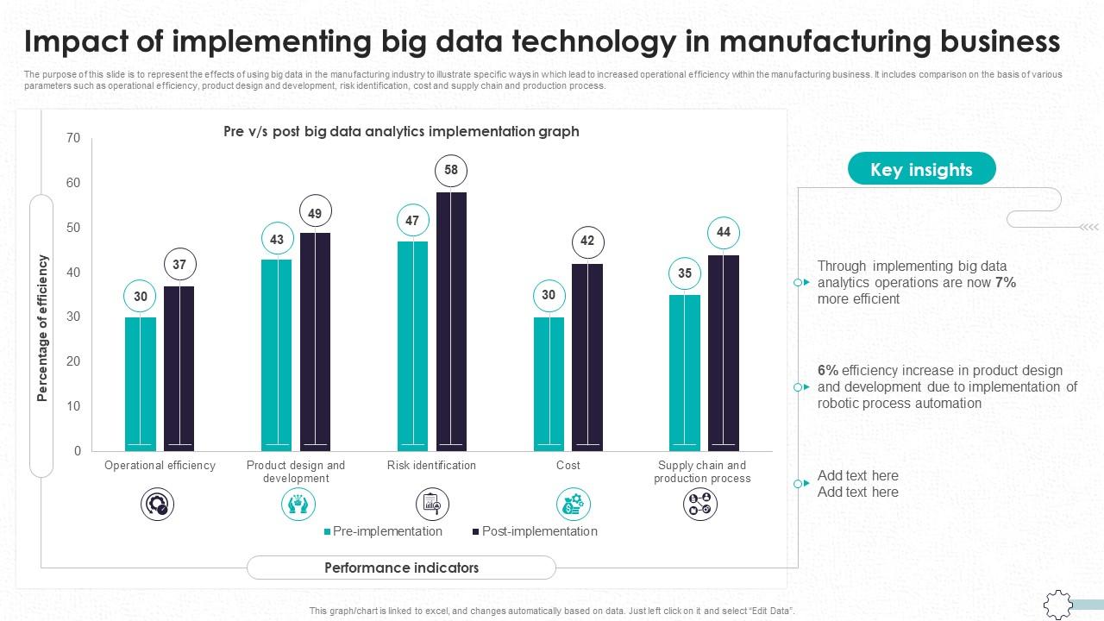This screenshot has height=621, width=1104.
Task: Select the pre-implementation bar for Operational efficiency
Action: pyautogui.click(x=141, y=384)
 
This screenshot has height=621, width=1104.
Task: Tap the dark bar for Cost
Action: pyautogui.click(x=587, y=357)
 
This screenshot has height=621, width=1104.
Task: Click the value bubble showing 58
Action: pyautogui.click(x=451, y=171)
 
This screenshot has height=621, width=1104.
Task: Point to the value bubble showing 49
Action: pyautogui.click(x=315, y=214)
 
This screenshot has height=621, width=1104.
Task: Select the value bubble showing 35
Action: pyautogui.click(x=684, y=273)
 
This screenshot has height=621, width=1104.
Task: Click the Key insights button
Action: pyautogui.click(x=921, y=169)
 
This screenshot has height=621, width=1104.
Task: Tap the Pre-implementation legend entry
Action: pyautogui.click(x=383, y=531)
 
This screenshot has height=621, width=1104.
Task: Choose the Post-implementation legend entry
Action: pyautogui.click(x=535, y=531)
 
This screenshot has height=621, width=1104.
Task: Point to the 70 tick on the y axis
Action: pyautogui.click(x=73, y=138)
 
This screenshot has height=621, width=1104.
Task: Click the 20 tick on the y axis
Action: pyautogui.click(x=73, y=361)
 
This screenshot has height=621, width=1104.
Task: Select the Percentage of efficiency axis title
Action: pyautogui.click(x=42, y=328)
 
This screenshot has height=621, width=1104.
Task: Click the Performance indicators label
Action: pyautogui.click(x=401, y=568)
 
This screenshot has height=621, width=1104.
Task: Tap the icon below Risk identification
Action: pyautogui.click(x=432, y=504)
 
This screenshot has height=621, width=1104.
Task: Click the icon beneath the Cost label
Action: pyautogui.click(x=573, y=504)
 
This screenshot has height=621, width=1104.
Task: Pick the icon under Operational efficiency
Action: pyautogui.click(x=158, y=504)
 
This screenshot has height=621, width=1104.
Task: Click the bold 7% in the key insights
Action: pyautogui.click(x=1006, y=283)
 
